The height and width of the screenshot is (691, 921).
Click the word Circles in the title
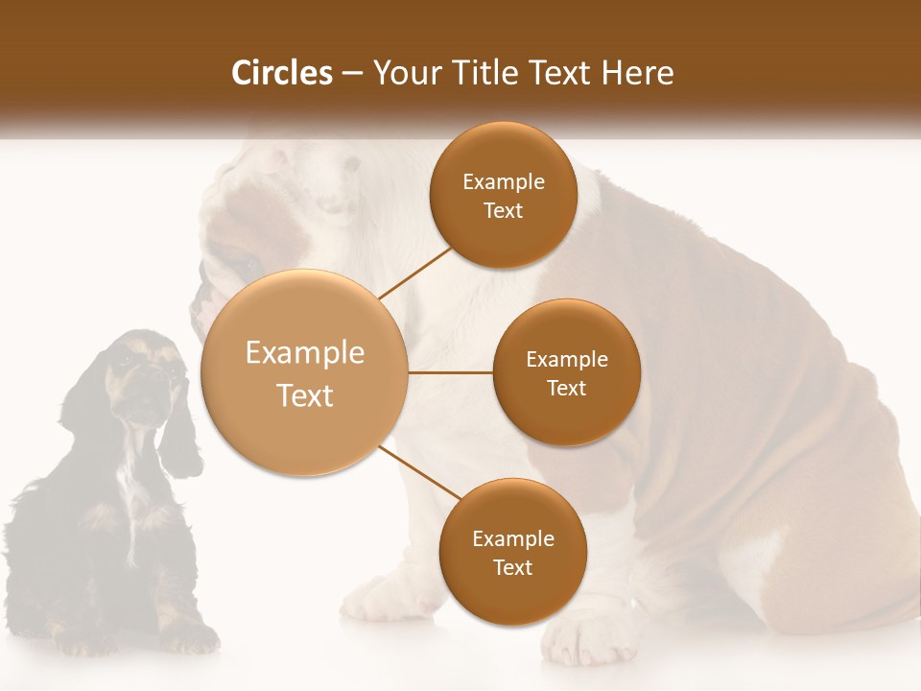point(282,73)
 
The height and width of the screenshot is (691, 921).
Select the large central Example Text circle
point(304,372)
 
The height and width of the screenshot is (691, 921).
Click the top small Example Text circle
point(503,195)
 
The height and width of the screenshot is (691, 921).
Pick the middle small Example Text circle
point(566,372)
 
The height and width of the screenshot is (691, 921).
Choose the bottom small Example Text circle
point(512,552)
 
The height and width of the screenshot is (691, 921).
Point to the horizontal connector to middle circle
point(450,372)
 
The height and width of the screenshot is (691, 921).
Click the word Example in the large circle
point(304,353)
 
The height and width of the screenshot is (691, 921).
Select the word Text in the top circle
point(503,210)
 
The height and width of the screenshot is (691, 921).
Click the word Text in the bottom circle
point(512,567)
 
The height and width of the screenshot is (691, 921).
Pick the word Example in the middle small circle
point(566,359)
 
